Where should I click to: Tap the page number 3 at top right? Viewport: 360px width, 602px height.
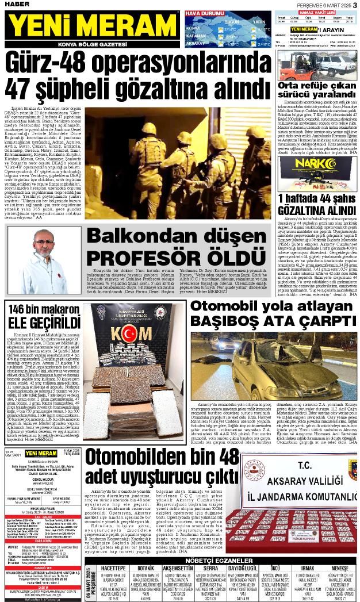355,5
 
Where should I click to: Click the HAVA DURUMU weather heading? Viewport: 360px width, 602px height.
204,13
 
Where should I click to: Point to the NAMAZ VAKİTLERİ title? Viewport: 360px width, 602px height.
316,11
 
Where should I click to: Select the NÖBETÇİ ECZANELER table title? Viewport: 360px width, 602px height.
221,543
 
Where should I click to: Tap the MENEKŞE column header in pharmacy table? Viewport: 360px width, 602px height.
340,552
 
